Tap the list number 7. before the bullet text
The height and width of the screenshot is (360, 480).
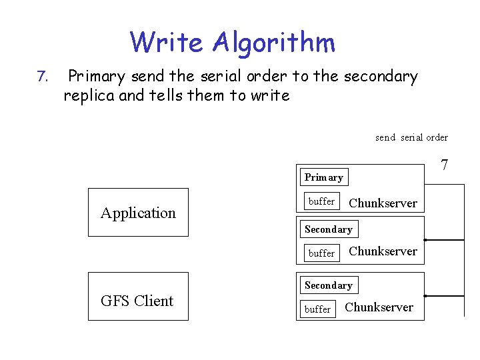(43, 77)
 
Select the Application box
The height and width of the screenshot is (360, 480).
(138, 213)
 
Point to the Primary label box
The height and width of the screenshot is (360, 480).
(324, 177)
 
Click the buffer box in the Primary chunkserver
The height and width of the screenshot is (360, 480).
(321, 201)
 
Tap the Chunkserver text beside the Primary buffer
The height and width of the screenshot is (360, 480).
(383, 203)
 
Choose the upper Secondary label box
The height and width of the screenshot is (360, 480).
(328, 229)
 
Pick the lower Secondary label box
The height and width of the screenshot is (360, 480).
(328, 285)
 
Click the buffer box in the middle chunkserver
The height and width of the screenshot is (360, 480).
(321, 253)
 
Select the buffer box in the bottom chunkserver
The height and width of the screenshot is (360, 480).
(317, 309)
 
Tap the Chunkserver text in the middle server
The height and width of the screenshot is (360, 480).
(383, 251)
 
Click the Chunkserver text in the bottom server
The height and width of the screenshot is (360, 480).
(379, 307)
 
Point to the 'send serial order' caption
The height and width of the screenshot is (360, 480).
(411, 137)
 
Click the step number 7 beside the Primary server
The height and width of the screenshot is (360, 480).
(445, 165)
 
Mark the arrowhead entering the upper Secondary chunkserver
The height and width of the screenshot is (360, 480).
(427, 239)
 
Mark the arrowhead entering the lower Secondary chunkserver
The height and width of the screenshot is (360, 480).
(427, 295)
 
